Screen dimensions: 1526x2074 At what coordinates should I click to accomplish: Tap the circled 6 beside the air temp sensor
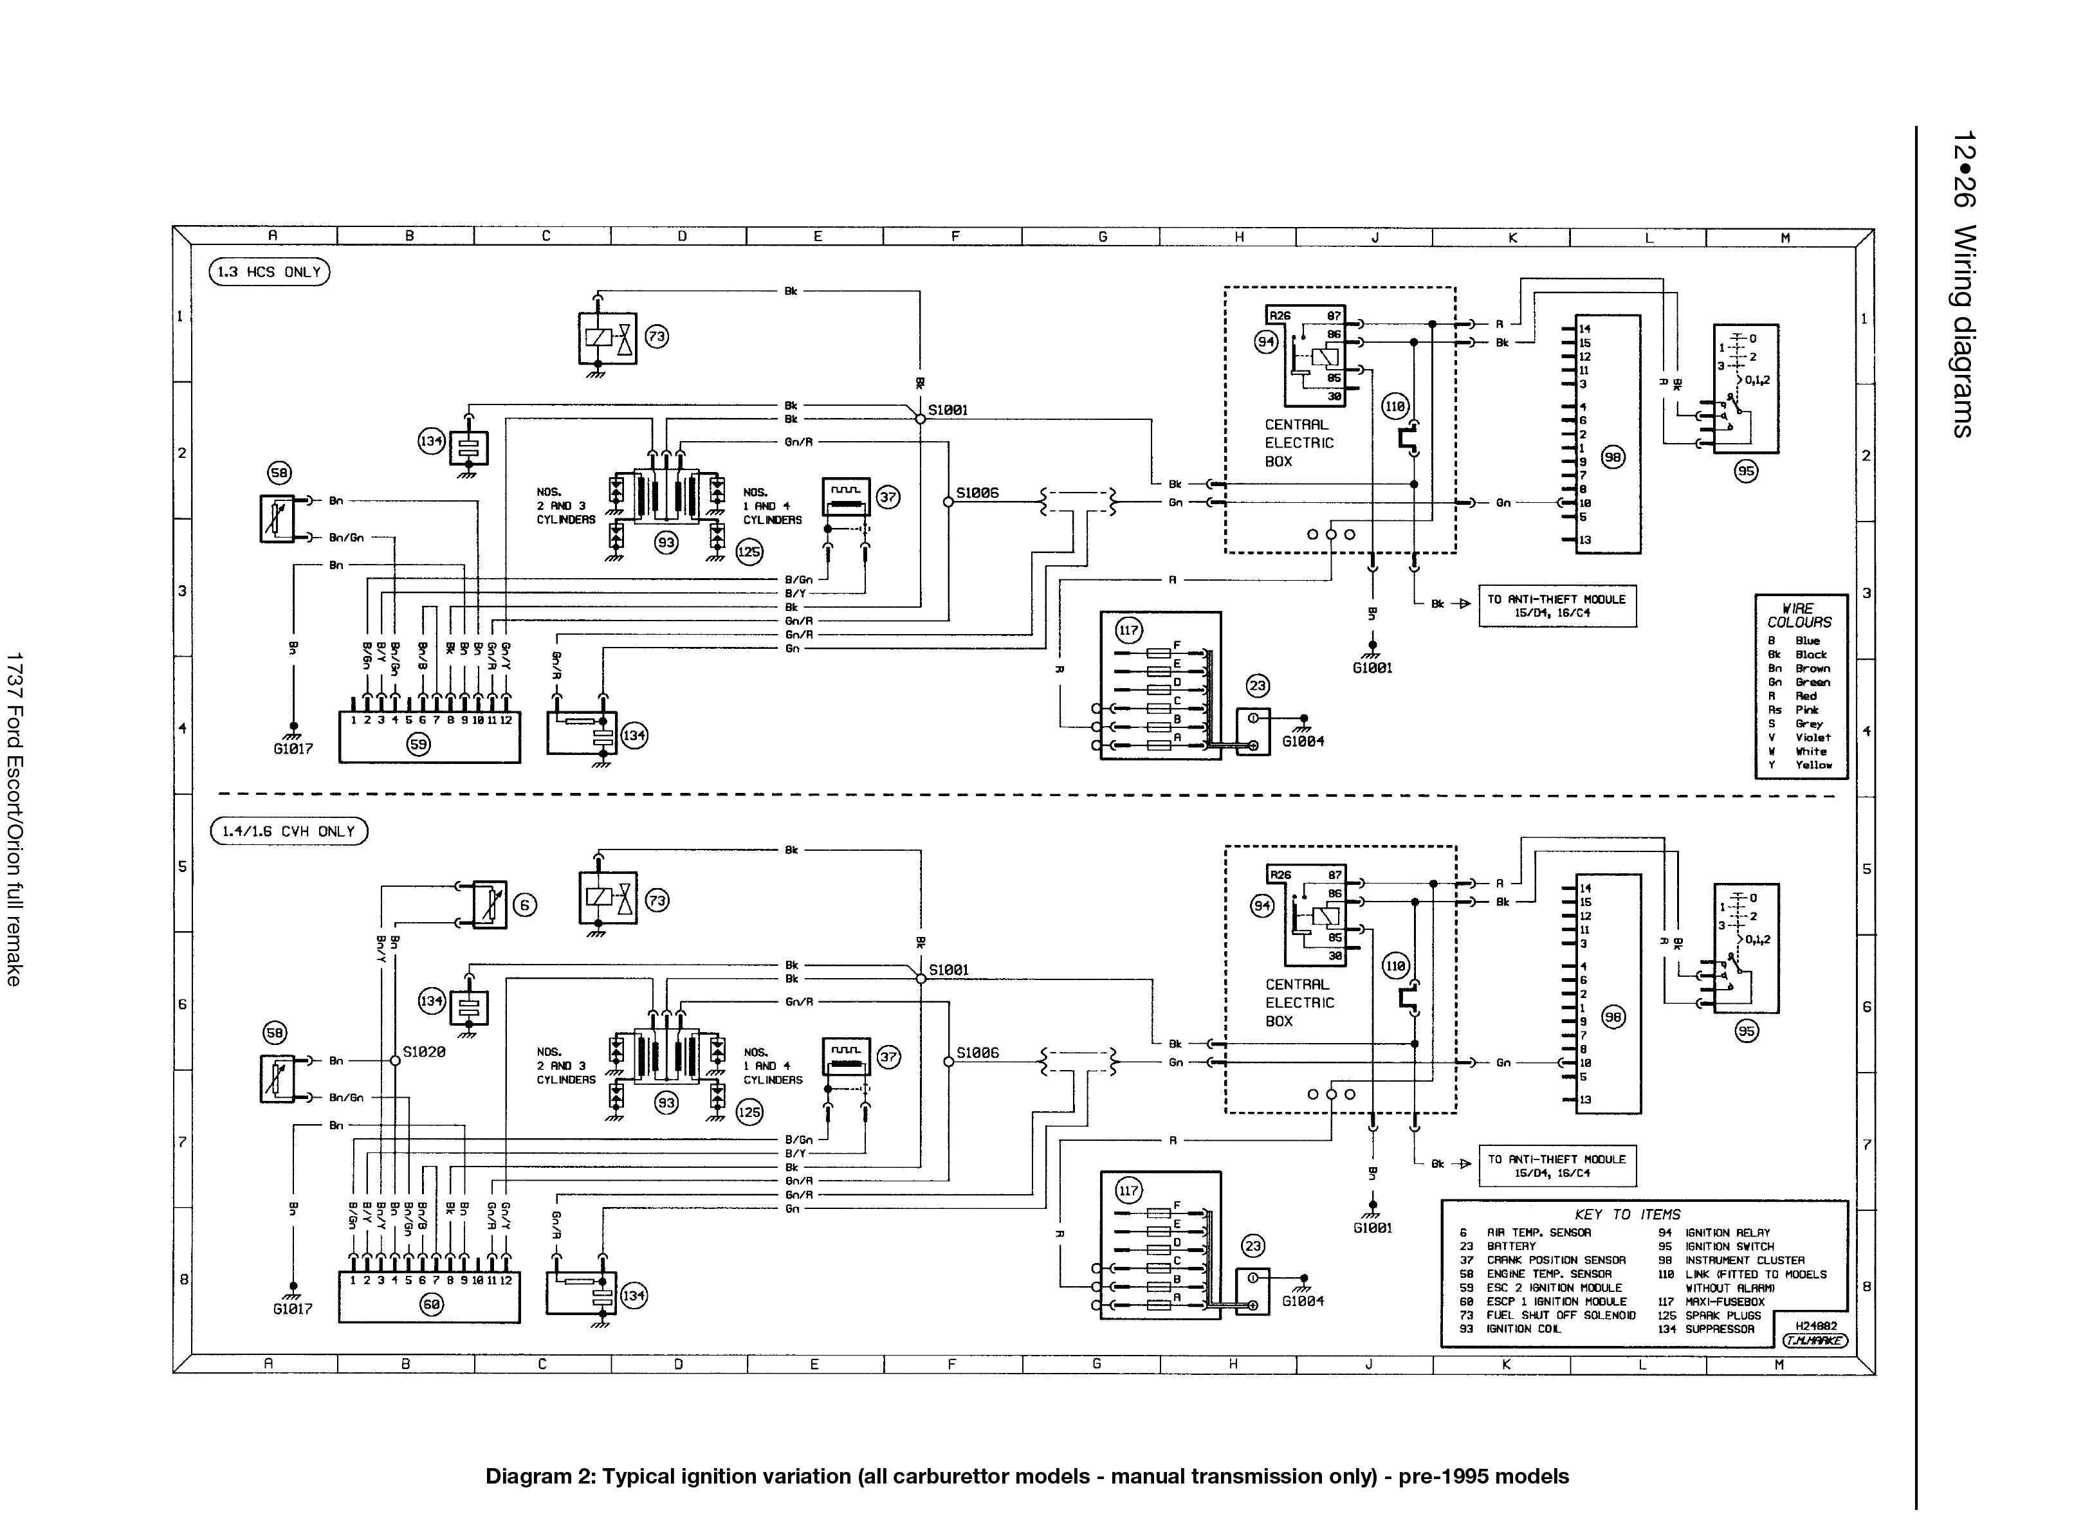(x=524, y=905)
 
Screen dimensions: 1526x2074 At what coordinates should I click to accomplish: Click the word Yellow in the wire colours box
(x=1813, y=765)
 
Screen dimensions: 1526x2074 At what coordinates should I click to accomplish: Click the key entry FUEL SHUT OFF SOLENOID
(x=1561, y=1315)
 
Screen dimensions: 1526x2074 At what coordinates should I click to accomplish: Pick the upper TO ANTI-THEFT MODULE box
(x=1557, y=605)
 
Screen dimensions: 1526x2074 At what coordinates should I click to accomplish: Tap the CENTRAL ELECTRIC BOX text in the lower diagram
(x=1299, y=1003)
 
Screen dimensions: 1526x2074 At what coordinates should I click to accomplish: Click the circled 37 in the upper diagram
(x=887, y=497)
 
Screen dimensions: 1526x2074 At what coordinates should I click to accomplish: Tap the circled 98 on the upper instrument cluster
(x=1612, y=457)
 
